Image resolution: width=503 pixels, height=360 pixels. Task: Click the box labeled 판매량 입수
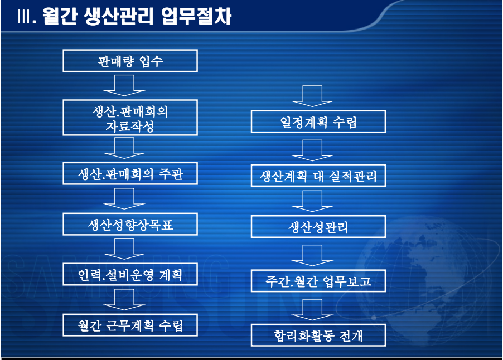point(130,61)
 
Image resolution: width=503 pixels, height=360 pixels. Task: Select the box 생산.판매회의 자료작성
point(130,118)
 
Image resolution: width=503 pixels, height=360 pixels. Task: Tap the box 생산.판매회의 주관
point(130,175)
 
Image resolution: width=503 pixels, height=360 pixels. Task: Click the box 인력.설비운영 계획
point(130,275)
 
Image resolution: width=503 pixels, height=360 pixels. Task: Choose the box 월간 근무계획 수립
point(130,325)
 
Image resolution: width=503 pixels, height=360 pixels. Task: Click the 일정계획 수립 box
point(318,122)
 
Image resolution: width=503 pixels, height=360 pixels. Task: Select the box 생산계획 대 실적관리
point(318,177)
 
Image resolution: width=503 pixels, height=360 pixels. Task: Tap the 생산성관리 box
point(318,227)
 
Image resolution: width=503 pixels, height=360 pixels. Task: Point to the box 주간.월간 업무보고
point(318,281)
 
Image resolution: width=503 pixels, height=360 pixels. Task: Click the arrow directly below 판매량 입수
point(124,86)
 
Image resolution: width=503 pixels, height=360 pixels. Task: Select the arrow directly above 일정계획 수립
point(312,96)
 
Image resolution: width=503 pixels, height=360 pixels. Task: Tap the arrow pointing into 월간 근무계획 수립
point(124,300)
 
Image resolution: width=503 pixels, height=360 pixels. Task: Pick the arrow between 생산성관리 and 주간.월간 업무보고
point(312,255)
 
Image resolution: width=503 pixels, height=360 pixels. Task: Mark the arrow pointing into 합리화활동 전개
point(312,309)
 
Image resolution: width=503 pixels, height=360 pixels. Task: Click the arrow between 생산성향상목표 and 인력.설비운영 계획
point(124,249)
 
